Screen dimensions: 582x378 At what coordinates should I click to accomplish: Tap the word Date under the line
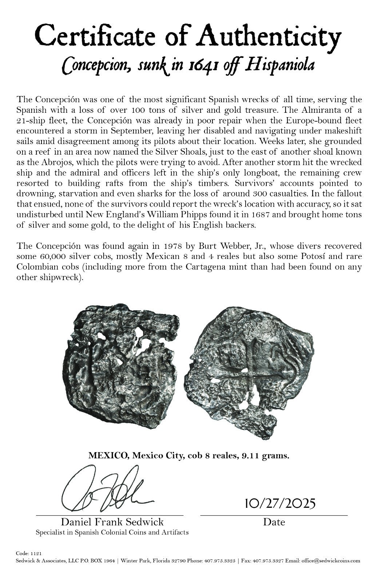click(x=274, y=522)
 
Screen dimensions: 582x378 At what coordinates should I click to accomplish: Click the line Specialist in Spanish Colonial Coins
click(x=112, y=533)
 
